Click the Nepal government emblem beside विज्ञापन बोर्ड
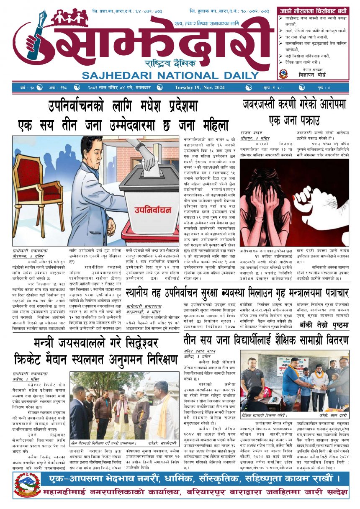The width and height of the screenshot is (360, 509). [x=283, y=74]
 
